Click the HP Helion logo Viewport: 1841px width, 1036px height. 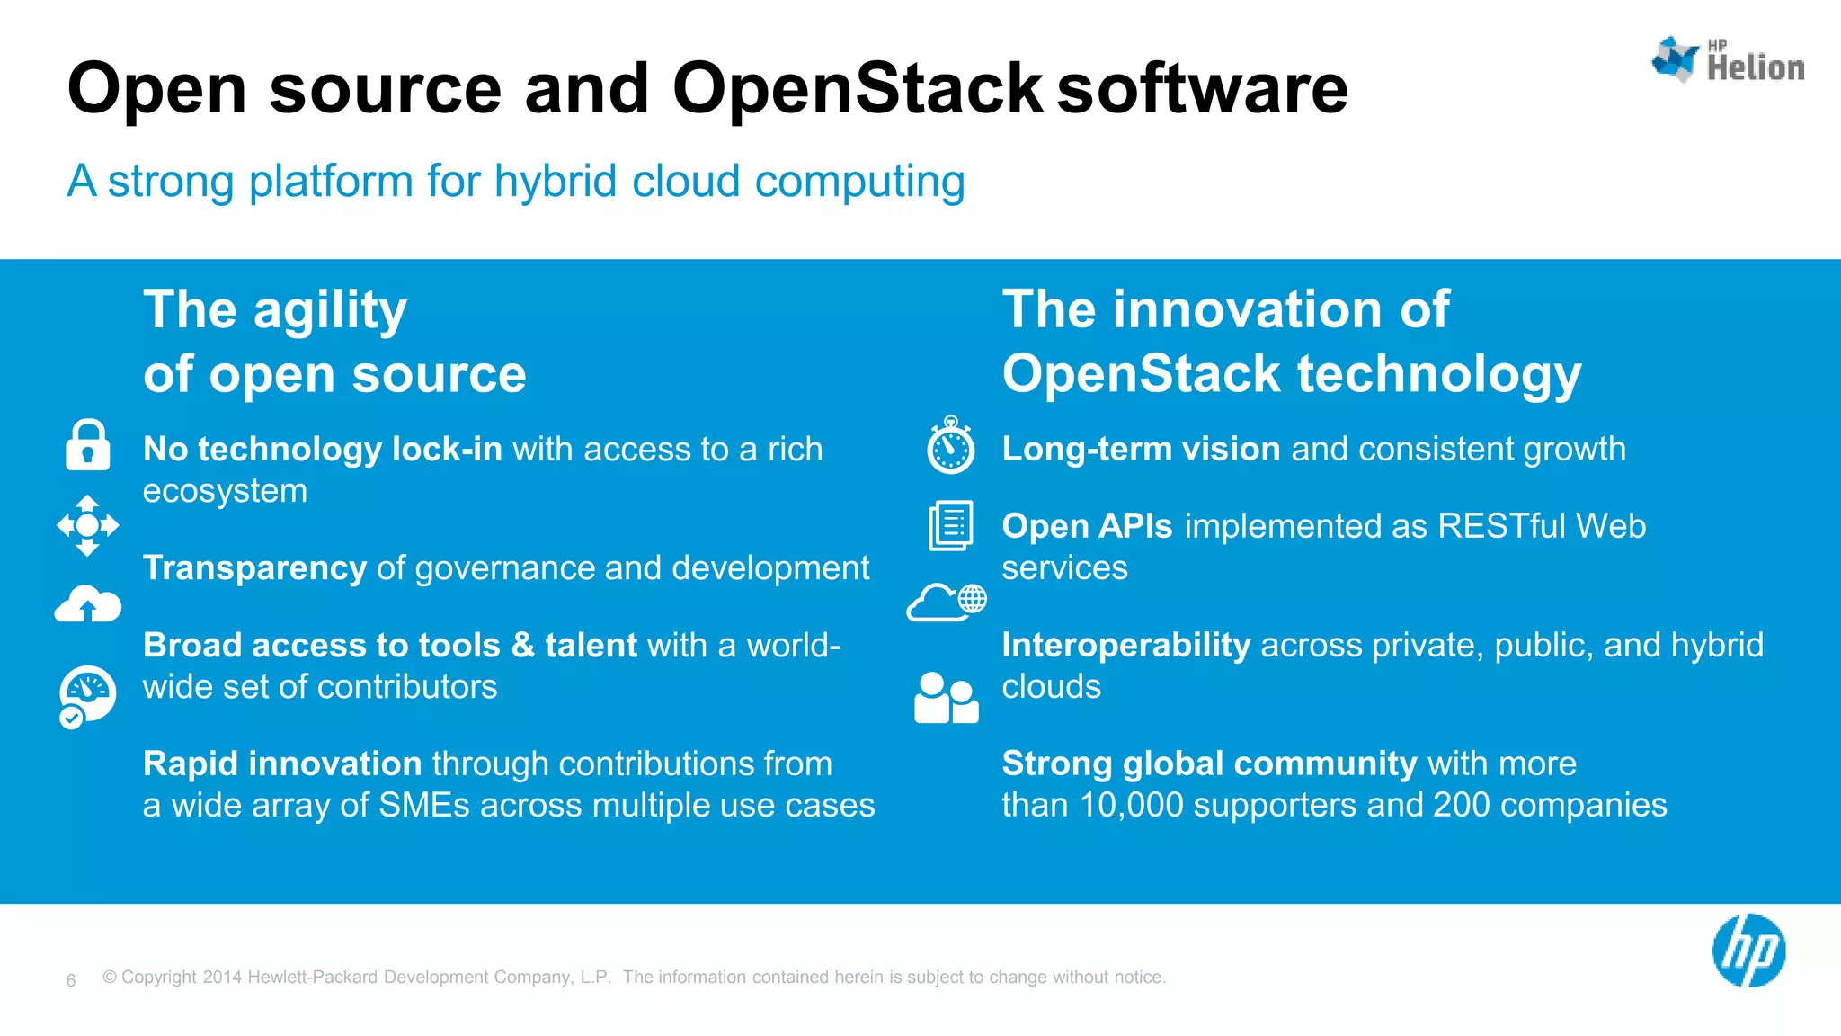(1727, 61)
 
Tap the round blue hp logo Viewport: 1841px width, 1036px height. (1748, 951)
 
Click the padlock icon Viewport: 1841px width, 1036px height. (88, 445)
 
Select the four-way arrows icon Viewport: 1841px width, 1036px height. (88, 525)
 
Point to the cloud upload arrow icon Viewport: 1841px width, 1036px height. (88, 604)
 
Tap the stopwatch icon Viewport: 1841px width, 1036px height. (950, 445)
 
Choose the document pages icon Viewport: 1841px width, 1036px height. (950, 525)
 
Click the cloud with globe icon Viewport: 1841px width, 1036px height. (947, 602)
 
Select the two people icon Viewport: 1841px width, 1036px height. (946, 698)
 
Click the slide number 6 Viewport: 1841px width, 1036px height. (71, 980)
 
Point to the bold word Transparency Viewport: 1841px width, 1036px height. (254, 568)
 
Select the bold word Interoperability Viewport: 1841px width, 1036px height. (1125, 646)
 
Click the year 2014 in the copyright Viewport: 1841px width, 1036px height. (222, 978)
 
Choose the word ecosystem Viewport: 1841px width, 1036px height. (225, 491)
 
